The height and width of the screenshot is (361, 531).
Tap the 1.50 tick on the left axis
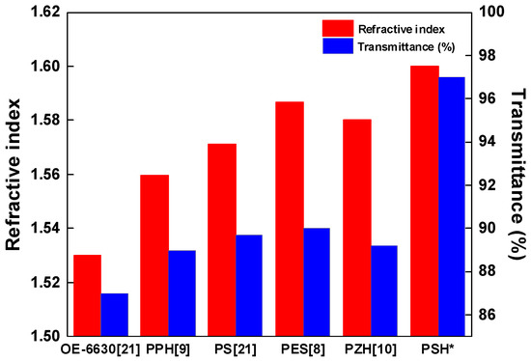46,337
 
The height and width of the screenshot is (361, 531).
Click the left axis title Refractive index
14,174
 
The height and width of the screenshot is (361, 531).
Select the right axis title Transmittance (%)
518,174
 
